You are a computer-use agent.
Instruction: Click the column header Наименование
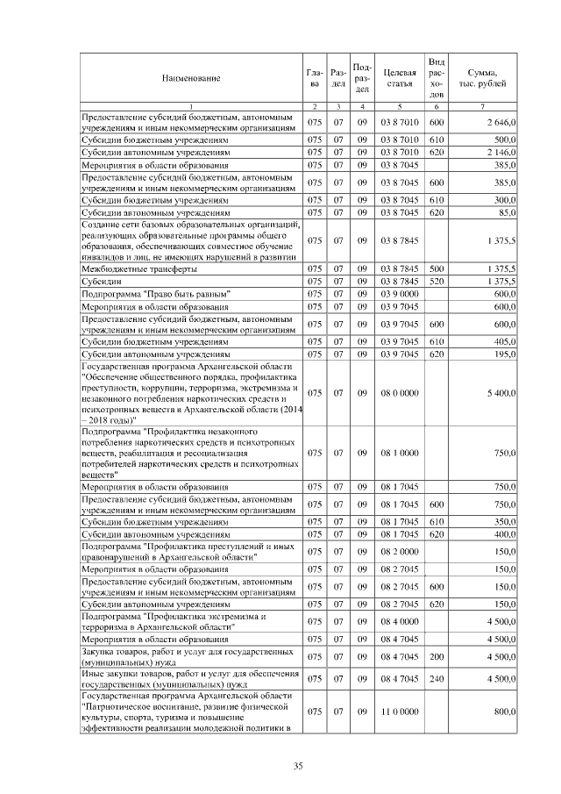pos(190,78)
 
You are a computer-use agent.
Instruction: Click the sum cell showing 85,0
pos(505,211)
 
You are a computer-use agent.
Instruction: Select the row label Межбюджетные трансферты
pos(131,268)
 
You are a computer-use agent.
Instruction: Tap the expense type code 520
pos(436,281)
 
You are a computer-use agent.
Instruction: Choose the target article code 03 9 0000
pos(399,294)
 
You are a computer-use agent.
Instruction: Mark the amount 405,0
pos(503,341)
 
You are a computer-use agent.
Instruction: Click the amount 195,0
pos(503,354)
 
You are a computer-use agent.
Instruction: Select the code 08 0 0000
pos(399,393)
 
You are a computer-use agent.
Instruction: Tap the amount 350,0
pos(503,521)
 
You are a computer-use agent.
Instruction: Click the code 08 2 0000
pos(399,551)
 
